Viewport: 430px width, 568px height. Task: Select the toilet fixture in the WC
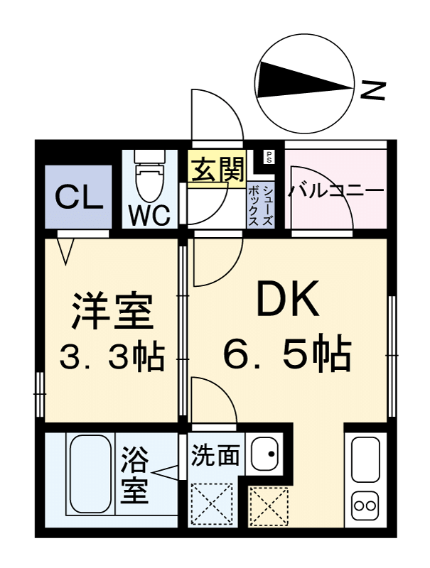pos(149,180)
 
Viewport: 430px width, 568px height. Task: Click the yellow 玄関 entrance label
pos(217,170)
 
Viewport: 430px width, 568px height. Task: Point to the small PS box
pos(269,158)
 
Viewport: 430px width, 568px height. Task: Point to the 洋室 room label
pos(111,310)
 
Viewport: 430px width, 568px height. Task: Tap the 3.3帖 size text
pos(111,357)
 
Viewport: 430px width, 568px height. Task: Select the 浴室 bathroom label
pos(135,475)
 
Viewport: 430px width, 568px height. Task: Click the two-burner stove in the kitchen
pos(367,506)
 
